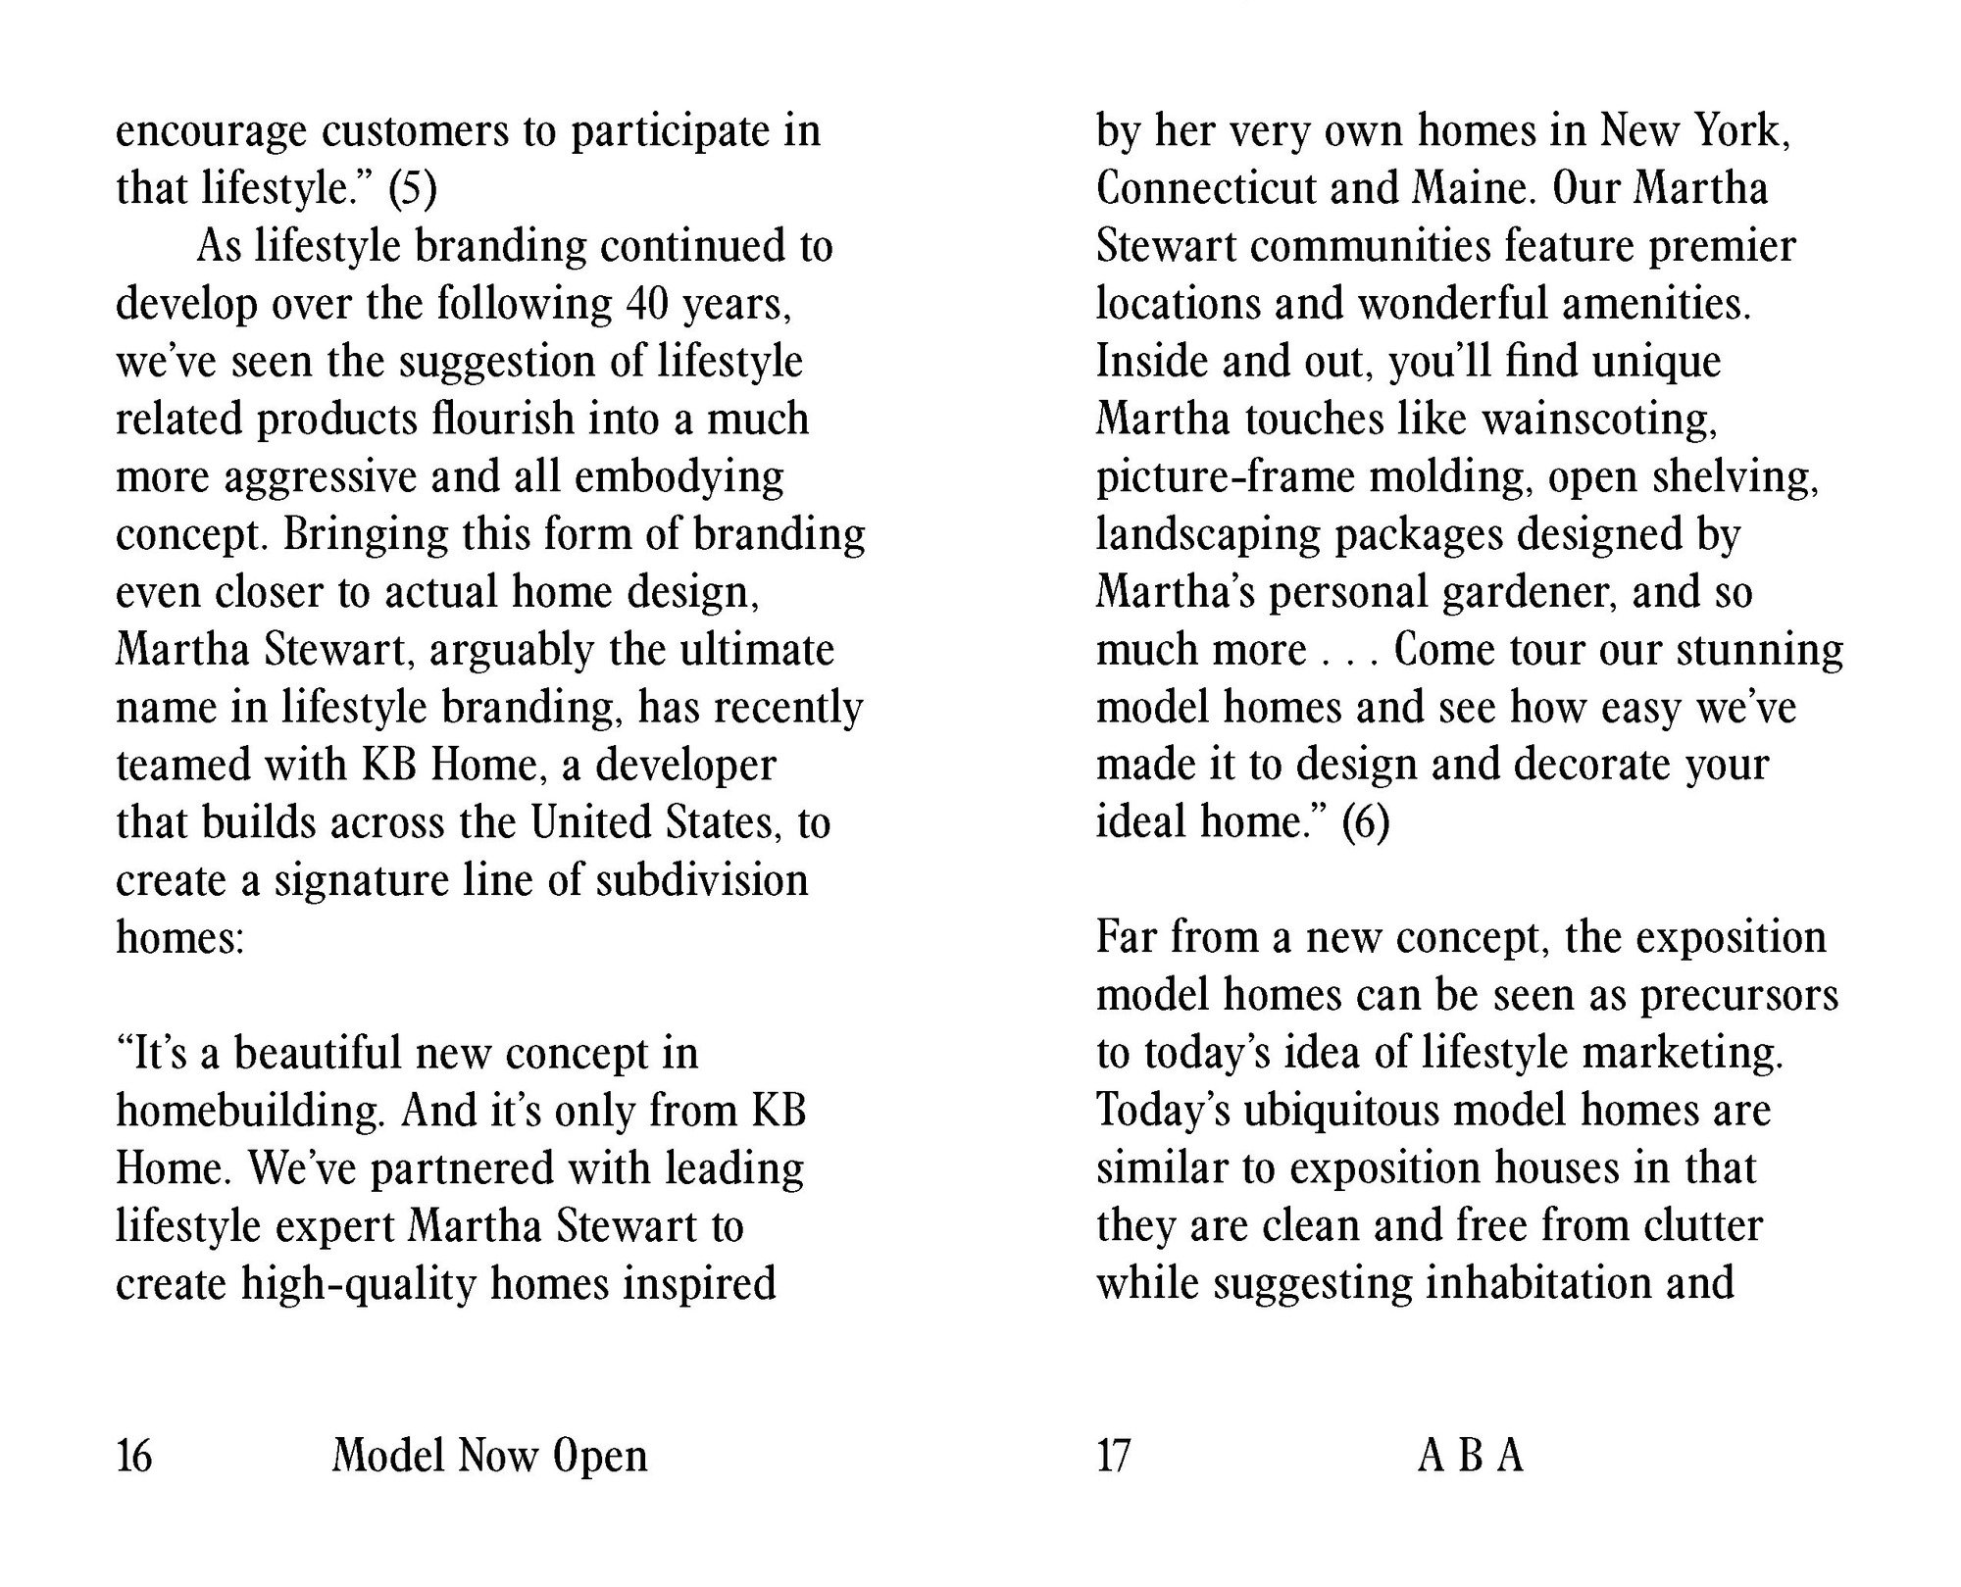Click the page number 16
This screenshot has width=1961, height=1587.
134,1456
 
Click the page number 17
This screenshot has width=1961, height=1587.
1114,1456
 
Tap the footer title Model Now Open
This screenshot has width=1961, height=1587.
489,1456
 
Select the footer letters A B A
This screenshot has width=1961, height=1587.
1470,1456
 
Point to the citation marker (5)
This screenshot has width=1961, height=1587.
412,188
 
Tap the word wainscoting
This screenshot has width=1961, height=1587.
1599,420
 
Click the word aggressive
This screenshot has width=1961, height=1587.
321,477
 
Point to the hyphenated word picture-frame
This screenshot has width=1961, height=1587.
1226,477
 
